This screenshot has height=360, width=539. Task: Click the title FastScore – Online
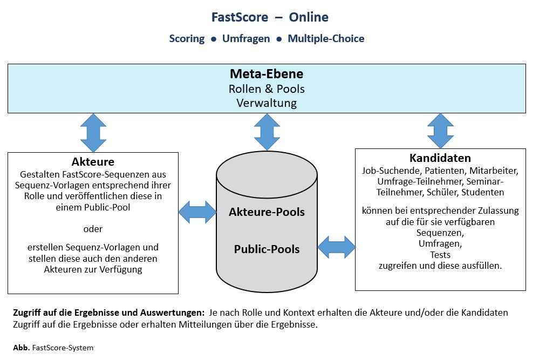point(270,17)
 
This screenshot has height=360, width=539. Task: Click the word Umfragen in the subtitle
point(246,39)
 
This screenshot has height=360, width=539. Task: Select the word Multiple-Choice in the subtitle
point(326,39)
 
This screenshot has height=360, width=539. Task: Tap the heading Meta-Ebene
point(267,74)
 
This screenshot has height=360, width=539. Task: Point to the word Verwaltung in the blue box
point(267,103)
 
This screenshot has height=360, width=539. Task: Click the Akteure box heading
point(93,162)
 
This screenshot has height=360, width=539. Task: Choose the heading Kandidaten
point(440,158)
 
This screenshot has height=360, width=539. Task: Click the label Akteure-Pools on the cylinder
point(267,212)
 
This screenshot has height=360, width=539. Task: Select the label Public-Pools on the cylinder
point(267,249)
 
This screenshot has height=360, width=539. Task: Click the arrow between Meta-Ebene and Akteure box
point(93,133)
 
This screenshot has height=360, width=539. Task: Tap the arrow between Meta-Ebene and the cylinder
point(267,132)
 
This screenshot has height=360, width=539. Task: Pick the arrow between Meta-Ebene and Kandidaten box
point(440,131)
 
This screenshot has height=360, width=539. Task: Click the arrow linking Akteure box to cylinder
point(197,212)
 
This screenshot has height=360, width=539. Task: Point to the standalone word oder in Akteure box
point(93,229)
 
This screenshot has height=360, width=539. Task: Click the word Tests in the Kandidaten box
point(440,255)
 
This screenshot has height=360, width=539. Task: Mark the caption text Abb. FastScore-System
point(53,348)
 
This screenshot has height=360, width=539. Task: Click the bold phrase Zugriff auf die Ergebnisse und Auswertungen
point(107,313)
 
